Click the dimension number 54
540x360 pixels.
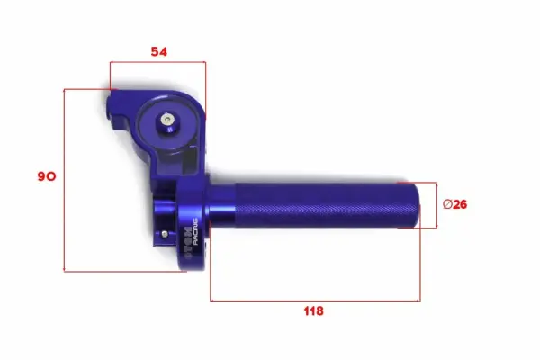159,52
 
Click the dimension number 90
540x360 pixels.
46,177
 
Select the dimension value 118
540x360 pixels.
312,311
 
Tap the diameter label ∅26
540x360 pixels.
455,204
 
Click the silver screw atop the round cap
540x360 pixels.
168,117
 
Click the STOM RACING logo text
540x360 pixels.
192,240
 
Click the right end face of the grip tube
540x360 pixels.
418,205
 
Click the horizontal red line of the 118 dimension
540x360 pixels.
315,300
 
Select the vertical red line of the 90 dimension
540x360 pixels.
65,180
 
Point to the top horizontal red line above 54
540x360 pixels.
157,62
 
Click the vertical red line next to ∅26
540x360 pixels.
437,205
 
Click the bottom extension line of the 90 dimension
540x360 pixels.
126,271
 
